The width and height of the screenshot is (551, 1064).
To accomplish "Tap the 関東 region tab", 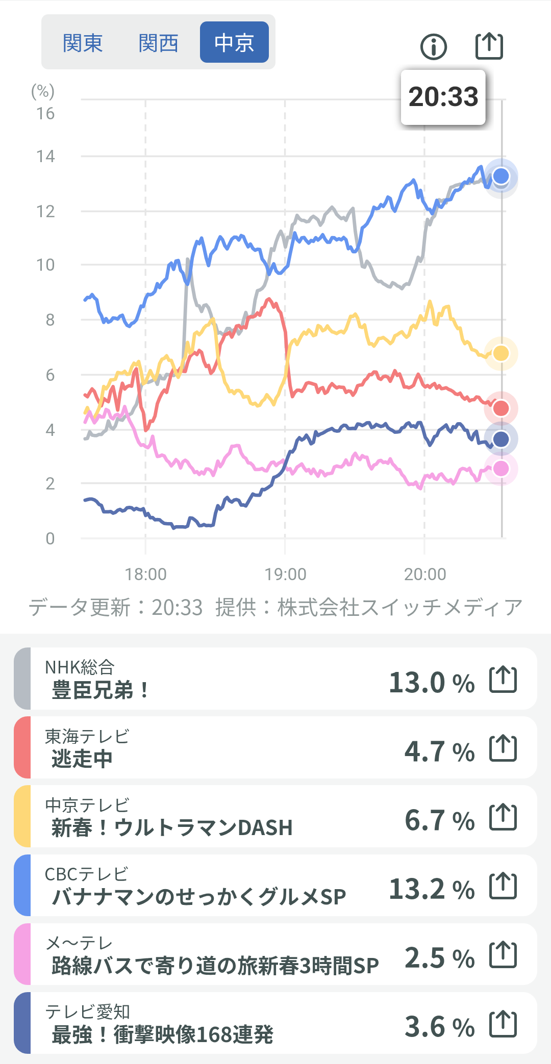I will click(83, 43).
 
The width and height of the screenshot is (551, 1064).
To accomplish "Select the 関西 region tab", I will click(158, 43).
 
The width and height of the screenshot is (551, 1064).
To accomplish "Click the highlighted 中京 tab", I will click(234, 42).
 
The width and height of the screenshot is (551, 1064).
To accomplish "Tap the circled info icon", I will click(434, 47).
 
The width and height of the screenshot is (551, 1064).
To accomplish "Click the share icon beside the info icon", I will click(489, 46).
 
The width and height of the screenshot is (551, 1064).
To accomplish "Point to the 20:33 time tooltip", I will click(443, 97).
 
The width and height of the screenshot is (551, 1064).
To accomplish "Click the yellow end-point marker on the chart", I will click(501, 353).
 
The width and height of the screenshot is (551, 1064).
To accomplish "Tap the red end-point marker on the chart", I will click(501, 408).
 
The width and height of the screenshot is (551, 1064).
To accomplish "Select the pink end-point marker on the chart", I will click(501, 469).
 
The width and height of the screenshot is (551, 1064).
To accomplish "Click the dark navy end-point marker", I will click(501, 439).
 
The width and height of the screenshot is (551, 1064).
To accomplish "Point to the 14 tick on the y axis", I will click(45, 157).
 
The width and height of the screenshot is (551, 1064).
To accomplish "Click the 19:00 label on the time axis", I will click(285, 575).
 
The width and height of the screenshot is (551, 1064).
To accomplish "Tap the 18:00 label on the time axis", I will click(146, 575).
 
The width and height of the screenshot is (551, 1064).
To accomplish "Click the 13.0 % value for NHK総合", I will click(432, 682).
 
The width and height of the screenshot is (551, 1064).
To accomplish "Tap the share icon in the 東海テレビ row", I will click(503, 748).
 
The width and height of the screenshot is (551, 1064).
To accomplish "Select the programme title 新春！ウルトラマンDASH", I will click(172, 827).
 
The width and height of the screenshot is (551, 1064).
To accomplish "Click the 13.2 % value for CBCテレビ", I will click(432, 889).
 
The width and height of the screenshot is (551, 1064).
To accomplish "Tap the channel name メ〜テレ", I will click(79, 943).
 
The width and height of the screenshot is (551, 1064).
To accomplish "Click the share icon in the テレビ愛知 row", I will click(503, 1024).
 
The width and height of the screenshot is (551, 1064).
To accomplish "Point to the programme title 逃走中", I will click(82, 759).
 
